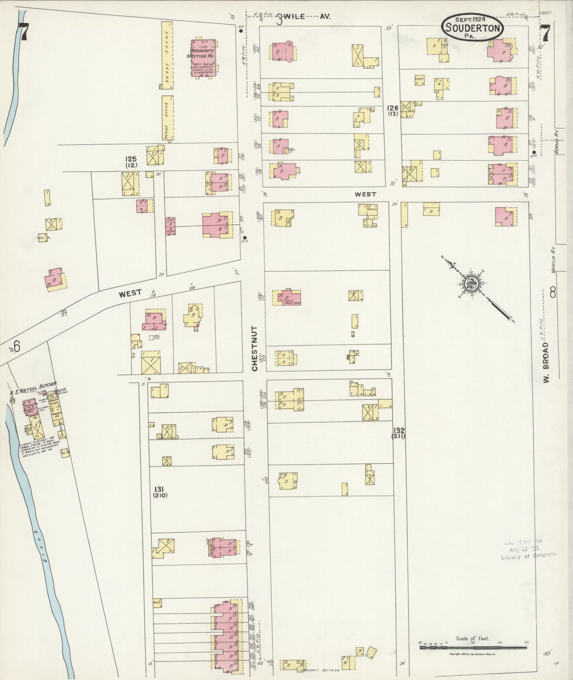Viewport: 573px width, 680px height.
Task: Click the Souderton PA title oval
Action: point(473,27)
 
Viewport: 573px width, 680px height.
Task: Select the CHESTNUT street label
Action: point(254,349)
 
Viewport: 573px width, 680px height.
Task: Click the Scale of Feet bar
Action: point(473,647)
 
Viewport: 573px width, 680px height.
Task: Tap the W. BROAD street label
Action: point(547,362)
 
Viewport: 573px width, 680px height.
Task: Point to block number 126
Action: point(393,108)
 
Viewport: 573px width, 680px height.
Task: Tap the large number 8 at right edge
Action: point(552,294)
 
